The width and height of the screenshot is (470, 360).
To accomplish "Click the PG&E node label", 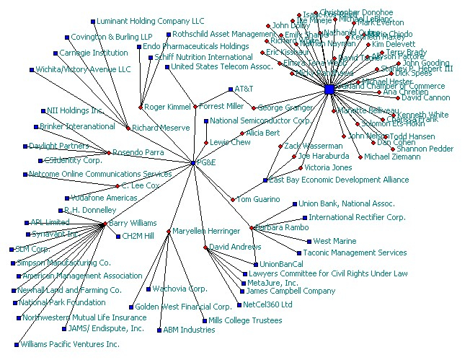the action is [207, 164].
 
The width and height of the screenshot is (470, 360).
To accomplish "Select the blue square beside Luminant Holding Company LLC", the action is [93, 21].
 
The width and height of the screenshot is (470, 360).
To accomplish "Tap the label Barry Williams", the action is [133, 224].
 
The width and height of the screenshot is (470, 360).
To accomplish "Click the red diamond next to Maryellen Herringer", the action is [169, 232].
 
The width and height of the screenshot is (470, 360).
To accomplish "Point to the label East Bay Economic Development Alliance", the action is [339, 180].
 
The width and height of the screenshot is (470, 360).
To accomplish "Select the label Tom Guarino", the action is [259, 199].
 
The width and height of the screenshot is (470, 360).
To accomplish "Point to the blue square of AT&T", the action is [230, 89].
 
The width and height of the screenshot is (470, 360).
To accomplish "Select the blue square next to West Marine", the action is [309, 242].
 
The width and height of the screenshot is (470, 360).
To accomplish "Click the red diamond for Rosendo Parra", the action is [109, 153].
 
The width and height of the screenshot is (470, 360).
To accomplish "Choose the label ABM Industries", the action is [189, 330].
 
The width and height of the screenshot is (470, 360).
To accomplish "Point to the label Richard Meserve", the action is [161, 128].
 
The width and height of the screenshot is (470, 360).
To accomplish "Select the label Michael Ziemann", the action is [392, 157].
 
